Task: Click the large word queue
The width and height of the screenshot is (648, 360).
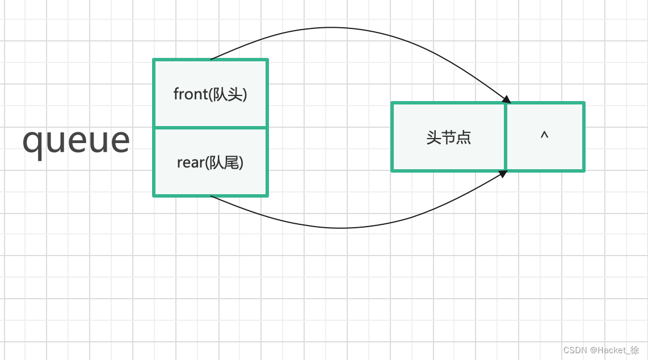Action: [x=76, y=140]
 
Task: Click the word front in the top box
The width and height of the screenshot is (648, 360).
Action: [x=190, y=94]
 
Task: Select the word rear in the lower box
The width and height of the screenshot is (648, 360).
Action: [x=190, y=163]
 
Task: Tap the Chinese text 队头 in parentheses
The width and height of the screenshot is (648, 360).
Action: [x=228, y=94]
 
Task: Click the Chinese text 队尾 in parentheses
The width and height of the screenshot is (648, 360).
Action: [x=226, y=163]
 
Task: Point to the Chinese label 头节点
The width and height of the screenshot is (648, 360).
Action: [x=448, y=137]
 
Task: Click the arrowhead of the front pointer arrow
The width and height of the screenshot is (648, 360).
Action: [x=506, y=99]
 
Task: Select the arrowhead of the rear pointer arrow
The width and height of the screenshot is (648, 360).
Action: [x=503, y=174]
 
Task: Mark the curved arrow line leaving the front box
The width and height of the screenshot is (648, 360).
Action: [x=340, y=28]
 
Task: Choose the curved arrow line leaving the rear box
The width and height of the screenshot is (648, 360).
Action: [x=340, y=228]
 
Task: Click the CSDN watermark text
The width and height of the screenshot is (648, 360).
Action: [x=574, y=350]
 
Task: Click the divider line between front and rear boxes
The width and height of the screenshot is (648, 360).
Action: [x=211, y=128]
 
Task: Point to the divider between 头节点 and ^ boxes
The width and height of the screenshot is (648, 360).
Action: [x=506, y=136]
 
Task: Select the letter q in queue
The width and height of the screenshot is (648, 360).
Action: [x=33, y=142]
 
